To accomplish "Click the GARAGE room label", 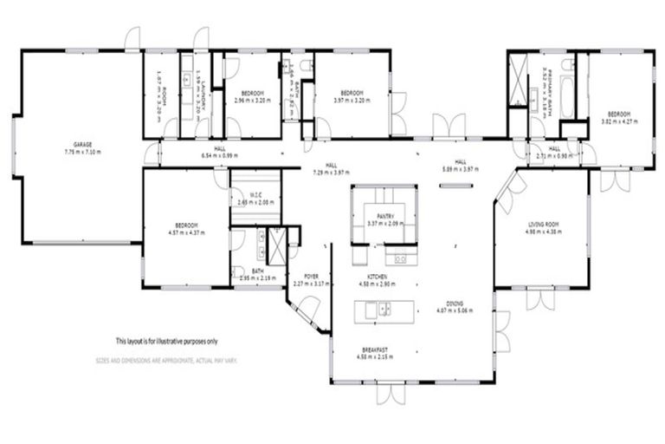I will (83, 144).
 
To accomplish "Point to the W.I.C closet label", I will (255, 194).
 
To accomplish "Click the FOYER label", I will (311, 275).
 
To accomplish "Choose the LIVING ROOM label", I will (545, 224).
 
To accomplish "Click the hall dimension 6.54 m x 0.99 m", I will (220, 155).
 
